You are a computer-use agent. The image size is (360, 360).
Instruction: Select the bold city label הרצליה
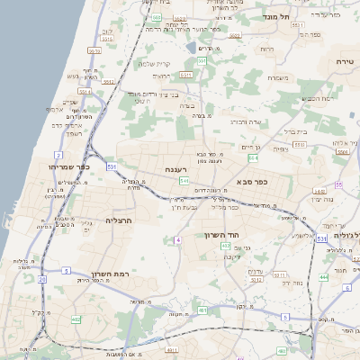click(119, 220)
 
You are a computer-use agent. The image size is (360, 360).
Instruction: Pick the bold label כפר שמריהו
click(72, 168)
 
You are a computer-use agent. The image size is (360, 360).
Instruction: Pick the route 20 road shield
click(42, 280)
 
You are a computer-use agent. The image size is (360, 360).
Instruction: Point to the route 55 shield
click(338, 183)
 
